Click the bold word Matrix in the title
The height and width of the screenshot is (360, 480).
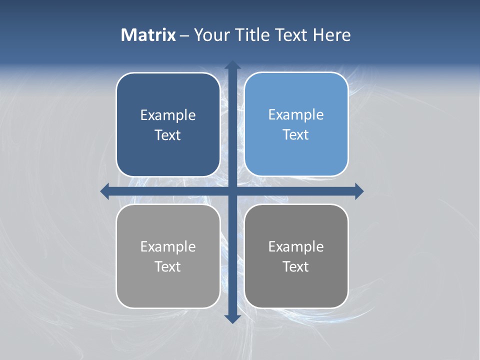point(148,35)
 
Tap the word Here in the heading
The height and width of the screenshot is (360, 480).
point(332,35)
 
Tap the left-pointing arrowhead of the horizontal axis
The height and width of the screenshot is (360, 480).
point(105,191)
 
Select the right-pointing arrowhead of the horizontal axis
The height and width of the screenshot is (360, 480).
point(359,191)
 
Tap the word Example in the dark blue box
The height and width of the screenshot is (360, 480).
point(168,115)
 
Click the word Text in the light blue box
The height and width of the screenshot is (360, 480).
point(296,135)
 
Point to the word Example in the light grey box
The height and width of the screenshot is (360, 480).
point(168,247)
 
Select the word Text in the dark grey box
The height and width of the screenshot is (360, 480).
point(296,267)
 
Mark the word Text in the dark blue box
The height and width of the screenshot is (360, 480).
point(168,135)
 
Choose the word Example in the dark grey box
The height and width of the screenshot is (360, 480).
point(296,247)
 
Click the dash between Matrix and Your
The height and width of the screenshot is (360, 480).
point(185,35)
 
